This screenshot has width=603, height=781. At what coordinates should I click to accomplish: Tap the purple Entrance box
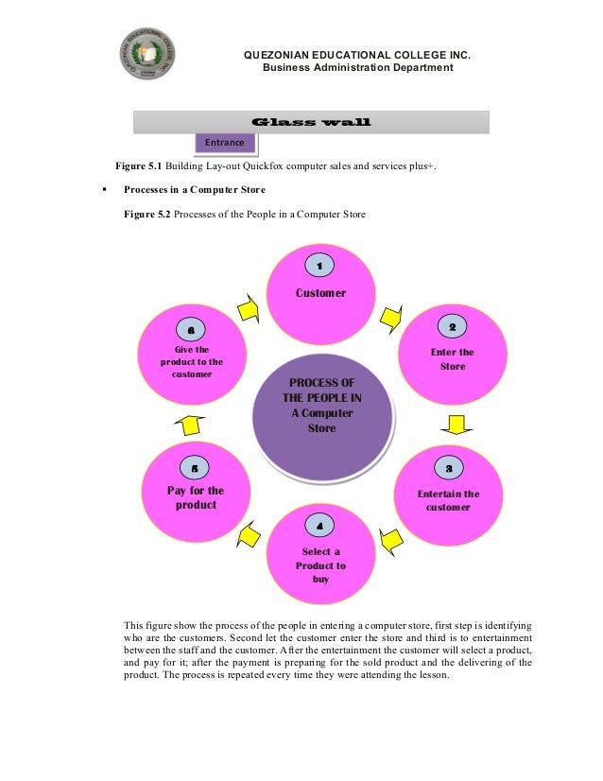pos(224,142)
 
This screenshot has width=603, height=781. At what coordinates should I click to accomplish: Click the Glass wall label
pos(311,122)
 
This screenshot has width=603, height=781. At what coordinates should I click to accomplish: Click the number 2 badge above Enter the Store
pos(452,326)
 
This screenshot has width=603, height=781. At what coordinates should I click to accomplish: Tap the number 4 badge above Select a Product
pos(319,525)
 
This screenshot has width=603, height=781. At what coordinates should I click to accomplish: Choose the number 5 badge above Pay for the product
pos(195,468)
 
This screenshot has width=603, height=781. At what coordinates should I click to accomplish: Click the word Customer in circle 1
pos(320,293)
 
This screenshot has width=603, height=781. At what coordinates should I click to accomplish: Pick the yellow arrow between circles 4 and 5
pos(247,534)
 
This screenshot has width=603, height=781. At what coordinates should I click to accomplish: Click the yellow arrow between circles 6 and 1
pos(249,308)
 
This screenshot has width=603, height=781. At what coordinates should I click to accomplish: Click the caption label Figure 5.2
pos(147,215)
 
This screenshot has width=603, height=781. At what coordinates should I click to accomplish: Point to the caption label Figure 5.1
pos(138,166)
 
